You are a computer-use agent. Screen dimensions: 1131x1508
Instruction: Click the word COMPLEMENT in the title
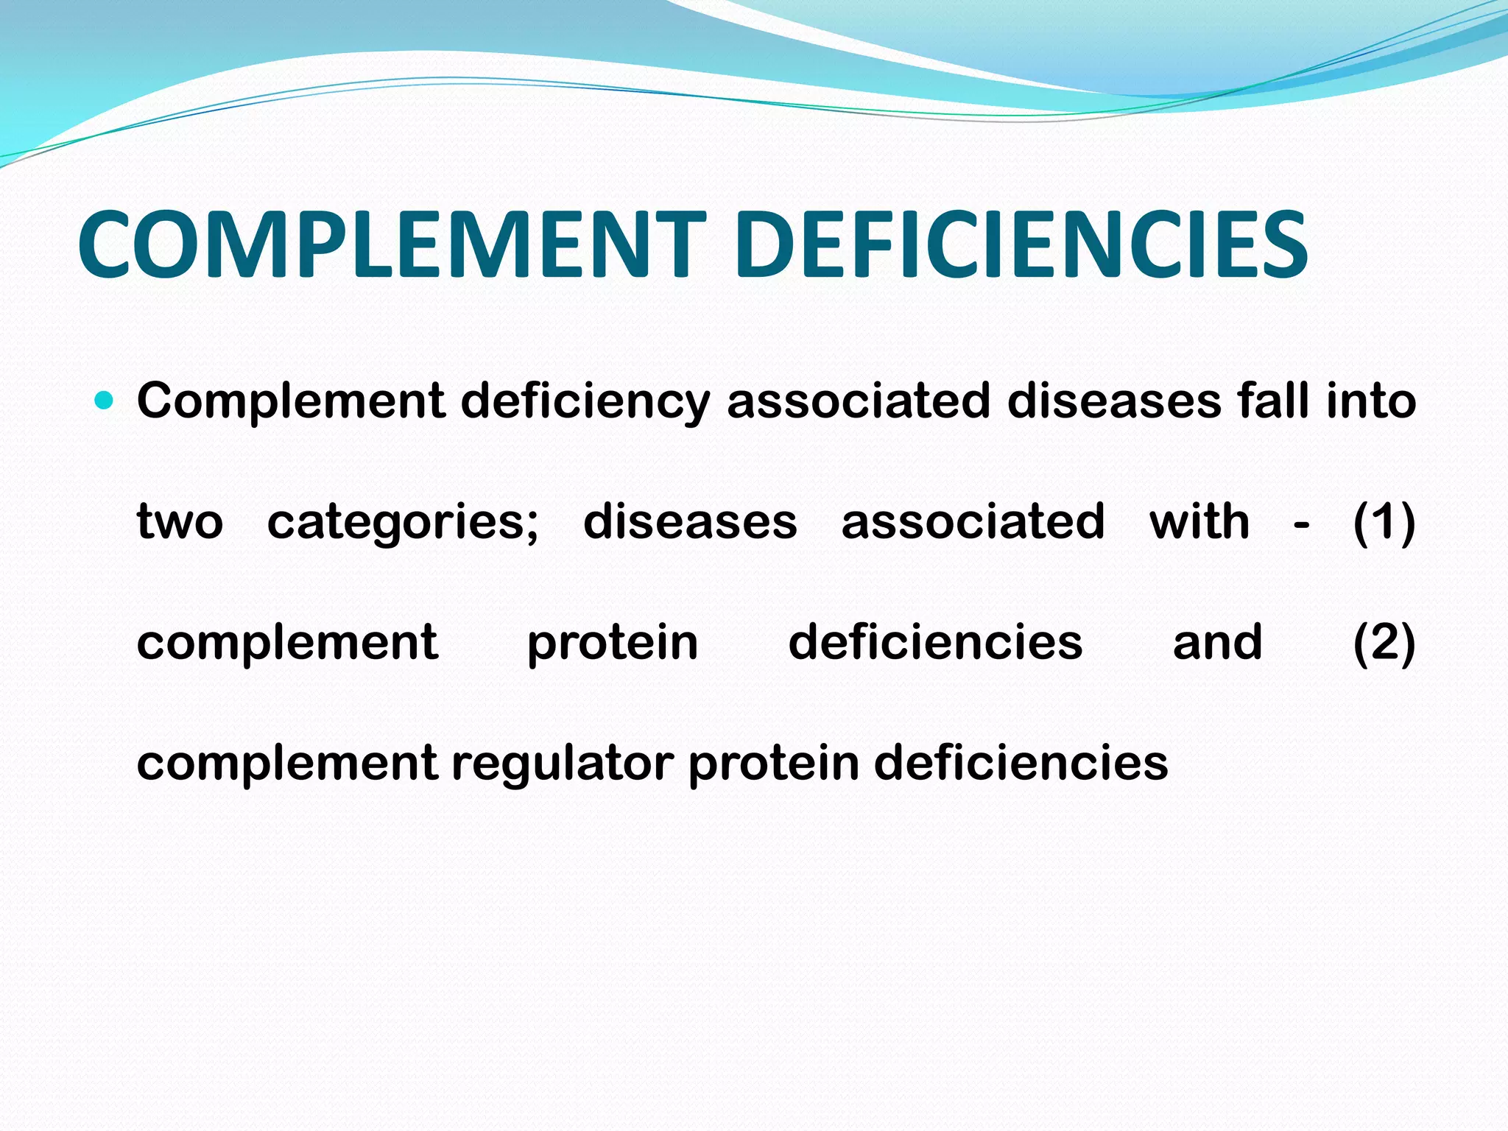tap(391, 244)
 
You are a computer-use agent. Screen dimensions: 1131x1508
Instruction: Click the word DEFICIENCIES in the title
tap(1021, 244)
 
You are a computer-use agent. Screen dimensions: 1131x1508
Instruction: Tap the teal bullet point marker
tap(105, 401)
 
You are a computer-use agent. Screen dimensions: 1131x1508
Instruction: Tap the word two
tap(180, 522)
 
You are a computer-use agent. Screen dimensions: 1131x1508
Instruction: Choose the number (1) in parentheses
tap(1384, 522)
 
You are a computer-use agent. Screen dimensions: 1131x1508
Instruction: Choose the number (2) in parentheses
tap(1384, 643)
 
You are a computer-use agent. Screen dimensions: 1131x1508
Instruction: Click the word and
tap(1217, 642)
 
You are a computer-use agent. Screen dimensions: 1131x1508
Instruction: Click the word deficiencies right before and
tap(935, 642)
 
